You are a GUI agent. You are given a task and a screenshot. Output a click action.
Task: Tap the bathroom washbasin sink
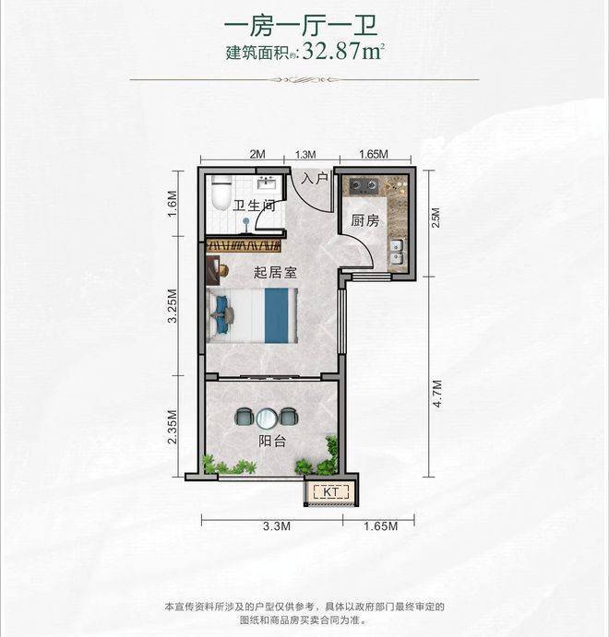coord(267,183)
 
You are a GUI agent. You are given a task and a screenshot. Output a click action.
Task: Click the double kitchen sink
coord(397,251)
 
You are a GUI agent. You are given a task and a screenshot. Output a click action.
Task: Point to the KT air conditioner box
coord(331,492)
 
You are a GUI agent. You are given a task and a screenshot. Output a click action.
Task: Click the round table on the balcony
coord(267,418)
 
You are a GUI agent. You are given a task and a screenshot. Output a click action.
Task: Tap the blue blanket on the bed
coord(277,315)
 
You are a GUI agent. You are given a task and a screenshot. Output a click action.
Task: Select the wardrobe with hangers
coord(244,245)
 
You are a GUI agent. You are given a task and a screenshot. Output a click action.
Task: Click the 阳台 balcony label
coord(272,442)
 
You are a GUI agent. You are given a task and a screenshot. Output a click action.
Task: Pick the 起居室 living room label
coord(275,272)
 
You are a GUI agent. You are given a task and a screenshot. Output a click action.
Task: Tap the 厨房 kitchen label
coord(364,220)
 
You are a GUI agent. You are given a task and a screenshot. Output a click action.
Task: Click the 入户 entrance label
coord(314,178)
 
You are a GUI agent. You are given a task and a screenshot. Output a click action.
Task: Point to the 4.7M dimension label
coord(437,394)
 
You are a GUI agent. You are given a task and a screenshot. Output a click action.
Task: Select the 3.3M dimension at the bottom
coord(277,526)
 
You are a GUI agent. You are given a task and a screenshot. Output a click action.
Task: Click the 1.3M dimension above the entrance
coord(305,154)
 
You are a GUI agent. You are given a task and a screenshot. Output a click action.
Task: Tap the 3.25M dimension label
coord(173,305)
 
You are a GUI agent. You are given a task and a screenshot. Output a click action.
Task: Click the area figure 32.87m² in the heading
coord(343,52)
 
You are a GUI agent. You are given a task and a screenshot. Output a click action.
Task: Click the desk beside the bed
coord(213,270)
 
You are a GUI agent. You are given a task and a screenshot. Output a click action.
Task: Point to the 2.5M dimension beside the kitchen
coord(436,218)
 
